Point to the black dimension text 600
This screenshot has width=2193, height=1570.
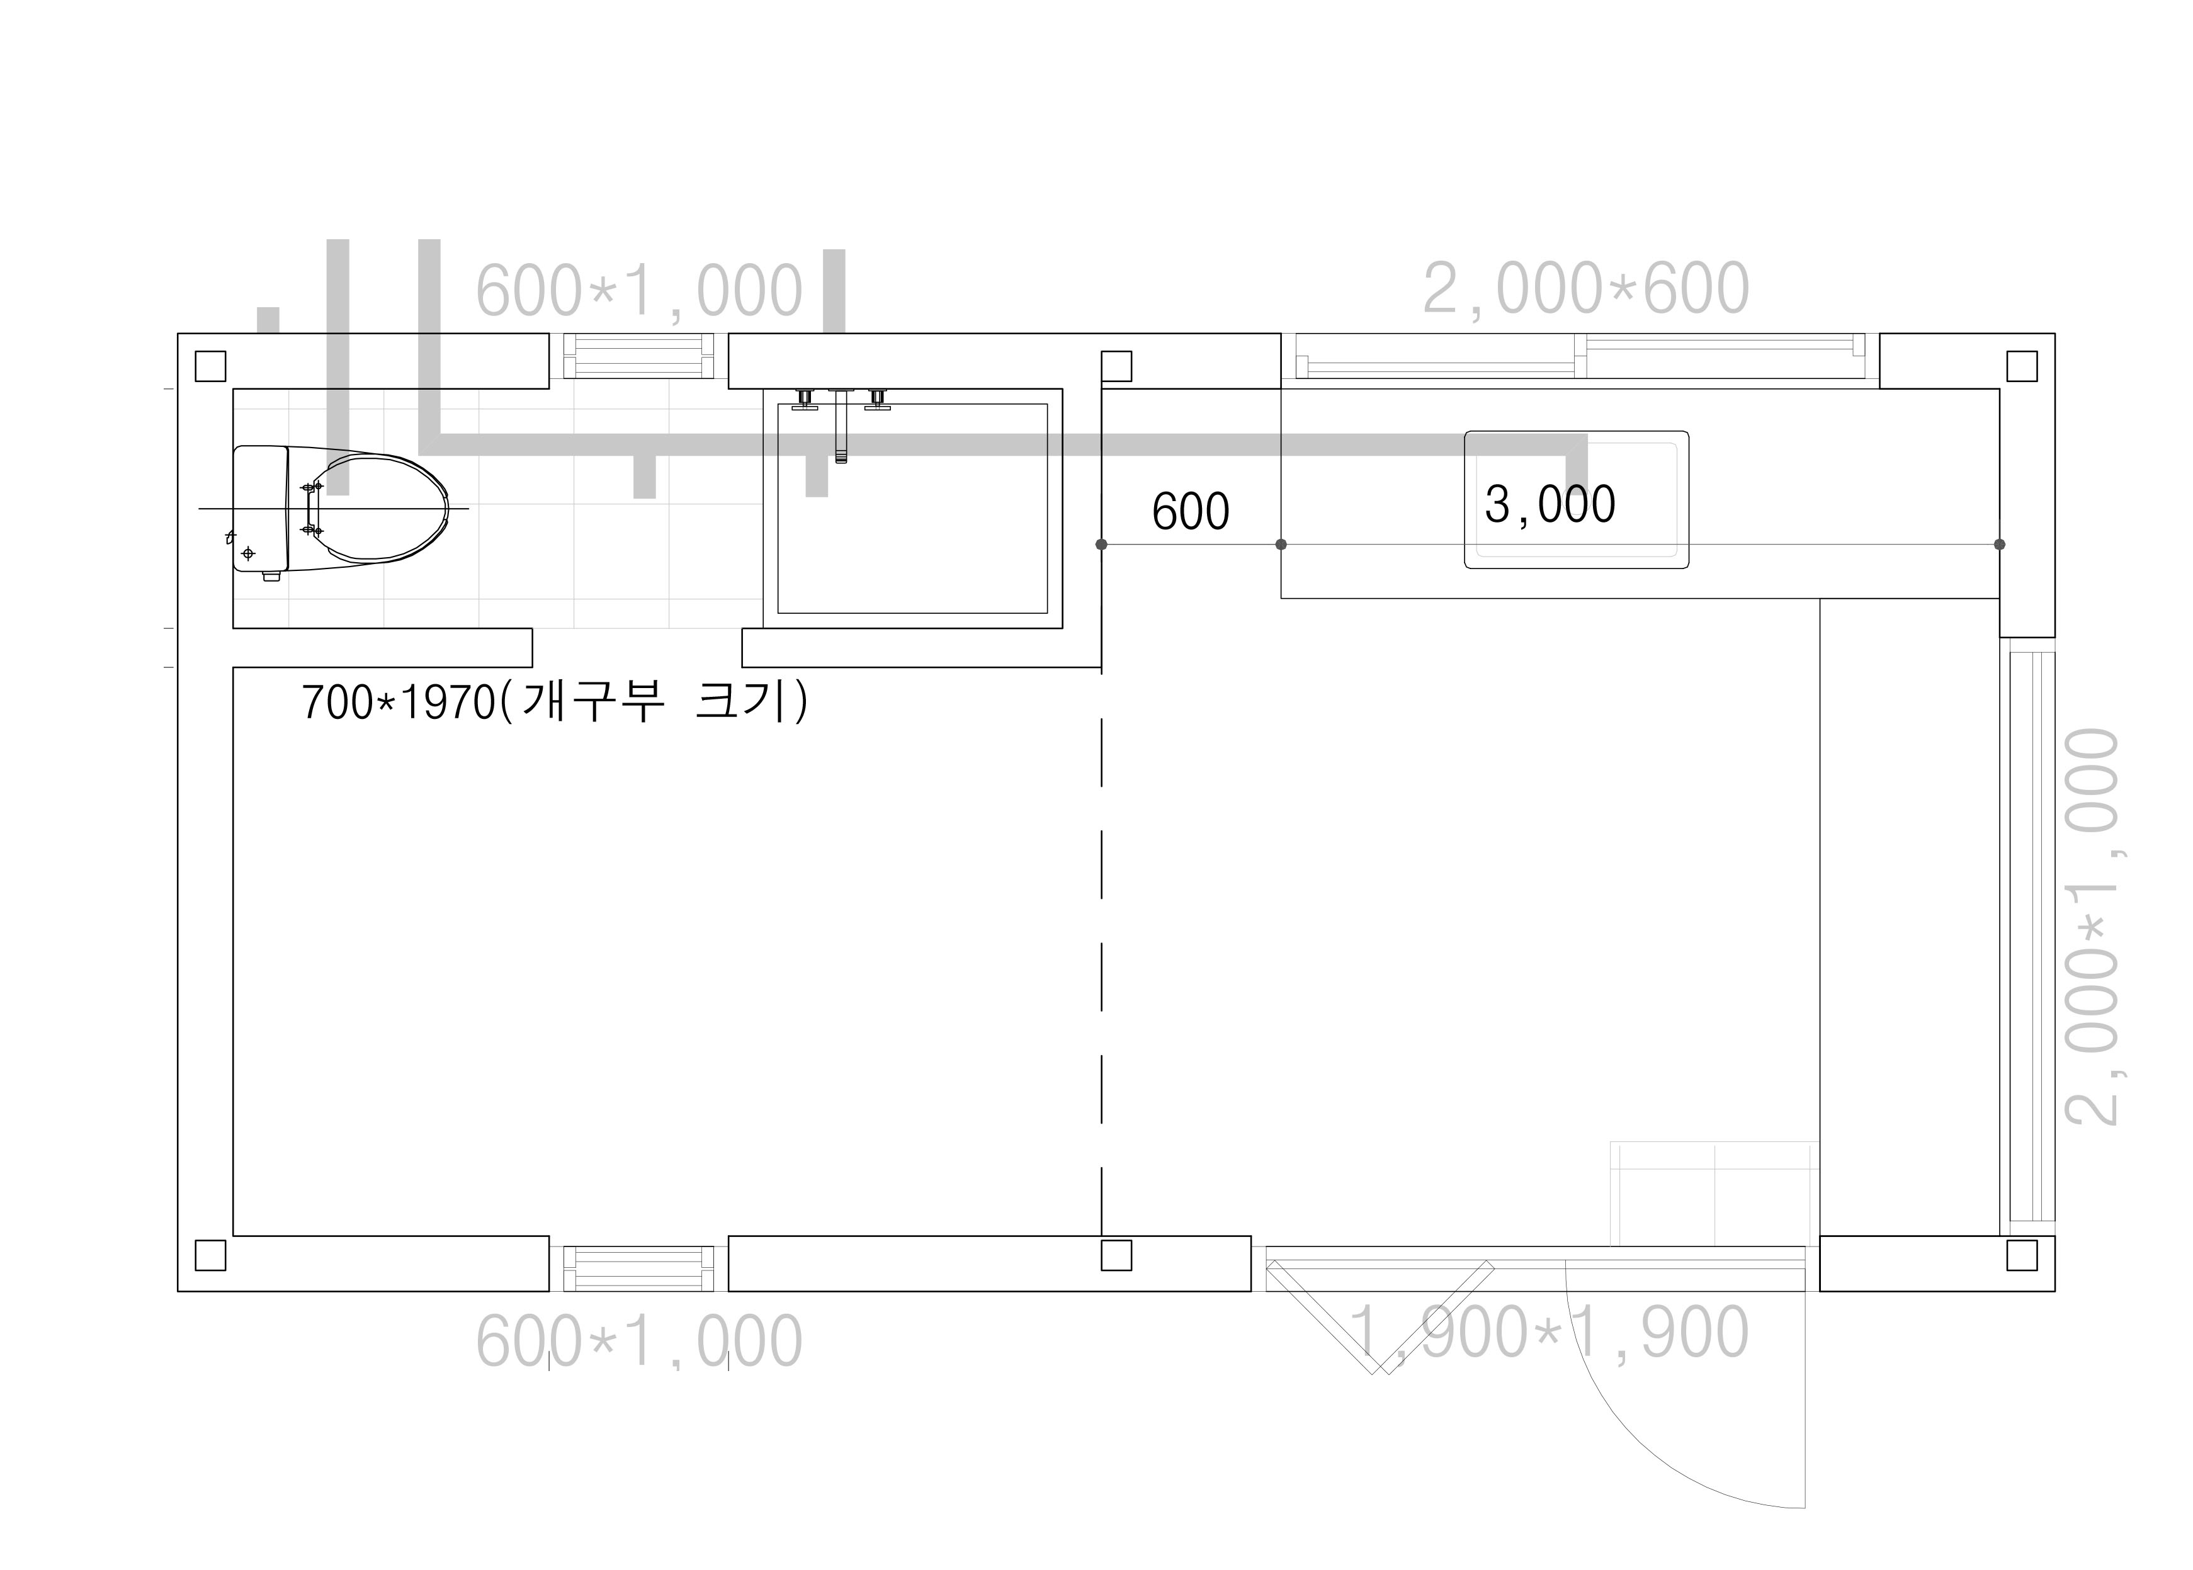pyautogui.click(x=1190, y=511)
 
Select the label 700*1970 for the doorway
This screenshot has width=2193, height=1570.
pyautogui.click(x=555, y=702)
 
